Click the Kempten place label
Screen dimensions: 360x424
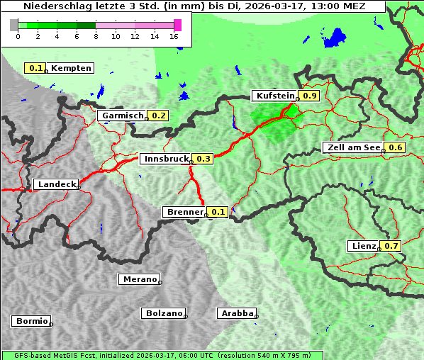tap(71, 68)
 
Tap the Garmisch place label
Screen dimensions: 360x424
tap(122, 116)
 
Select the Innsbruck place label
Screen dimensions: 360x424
tap(166, 159)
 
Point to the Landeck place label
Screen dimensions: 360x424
tap(56, 184)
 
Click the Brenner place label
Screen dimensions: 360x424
tap(184, 212)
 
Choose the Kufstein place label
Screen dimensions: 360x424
tap(274, 96)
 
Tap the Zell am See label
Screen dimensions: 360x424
tap(352, 147)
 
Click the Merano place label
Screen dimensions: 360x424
tap(139, 279)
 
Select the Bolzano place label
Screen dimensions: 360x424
tap(163, 313)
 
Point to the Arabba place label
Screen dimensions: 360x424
tap(237, 313)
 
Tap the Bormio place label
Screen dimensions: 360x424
tap(31, 321)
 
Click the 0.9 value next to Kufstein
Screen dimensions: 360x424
tap(309, 96)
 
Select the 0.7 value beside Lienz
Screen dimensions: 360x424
tap(392, 246)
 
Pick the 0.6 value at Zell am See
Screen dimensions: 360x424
tap(395, 147)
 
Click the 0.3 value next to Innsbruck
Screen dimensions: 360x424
tap(203, 159)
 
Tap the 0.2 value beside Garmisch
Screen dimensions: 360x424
tap(159, 116)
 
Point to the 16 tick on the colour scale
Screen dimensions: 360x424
tap(174, 36)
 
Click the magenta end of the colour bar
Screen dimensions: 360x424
tap(177, 25)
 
